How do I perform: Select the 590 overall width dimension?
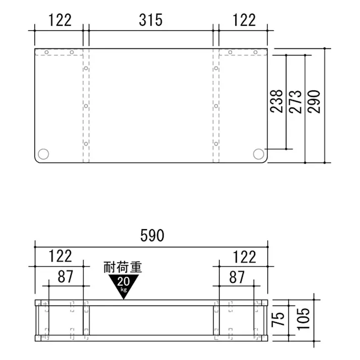click(x=152, y=236)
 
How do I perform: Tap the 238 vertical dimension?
click(x=276, y=101)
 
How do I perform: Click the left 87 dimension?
click(x=66, y=276)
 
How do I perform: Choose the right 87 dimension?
click(x=237, y=276)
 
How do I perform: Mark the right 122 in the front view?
click(x=244, y=256)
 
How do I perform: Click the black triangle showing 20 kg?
click(x=123, y=283)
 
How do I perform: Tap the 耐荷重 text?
click(x=123, y=266)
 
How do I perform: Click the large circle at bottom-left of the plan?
click(x=43, y=153)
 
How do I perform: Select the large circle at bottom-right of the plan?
click(x=259, y=153)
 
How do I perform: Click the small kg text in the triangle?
click(x=123, y=289)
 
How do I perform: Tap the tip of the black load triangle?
click(x=123, y=298)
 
